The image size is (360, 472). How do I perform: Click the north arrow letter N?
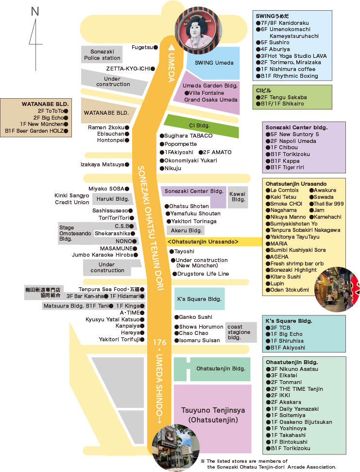point(35,12)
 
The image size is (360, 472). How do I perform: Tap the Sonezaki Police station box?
point(102,54)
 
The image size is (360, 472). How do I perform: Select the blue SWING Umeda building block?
point(214,63)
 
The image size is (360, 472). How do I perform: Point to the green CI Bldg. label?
point(199,125)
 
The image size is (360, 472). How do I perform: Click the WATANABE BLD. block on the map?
point(106,113)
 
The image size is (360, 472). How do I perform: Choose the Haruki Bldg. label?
point(112,199)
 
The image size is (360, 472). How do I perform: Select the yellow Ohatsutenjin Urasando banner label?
point(203,242)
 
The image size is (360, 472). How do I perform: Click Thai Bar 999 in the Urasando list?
point(329,204)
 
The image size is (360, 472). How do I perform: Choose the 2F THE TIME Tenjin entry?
point(296,389)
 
